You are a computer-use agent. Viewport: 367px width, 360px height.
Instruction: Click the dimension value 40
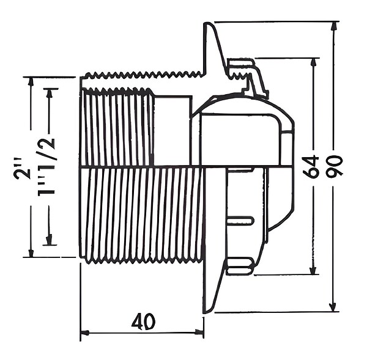144,321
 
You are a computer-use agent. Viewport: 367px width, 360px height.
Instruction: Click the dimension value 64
311,166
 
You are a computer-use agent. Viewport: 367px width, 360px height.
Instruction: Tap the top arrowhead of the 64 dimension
313,62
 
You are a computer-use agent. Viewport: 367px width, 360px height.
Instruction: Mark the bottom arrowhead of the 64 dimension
313,270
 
